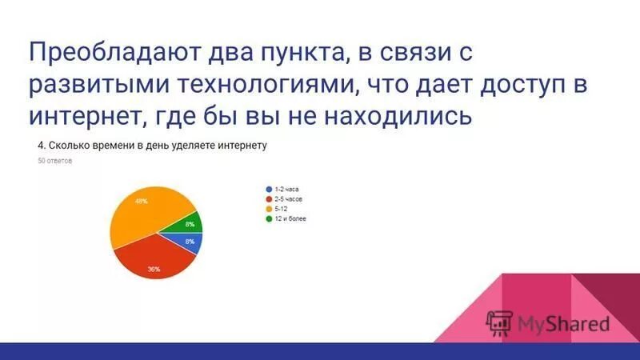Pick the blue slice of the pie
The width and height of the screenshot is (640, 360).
click(189, 242)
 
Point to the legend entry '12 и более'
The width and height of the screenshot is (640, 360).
click(291, 218)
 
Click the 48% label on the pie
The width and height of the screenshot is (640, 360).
click(141, 201)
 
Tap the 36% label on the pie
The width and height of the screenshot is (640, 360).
click(154, 269)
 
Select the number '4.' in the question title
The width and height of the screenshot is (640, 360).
click(42, 146)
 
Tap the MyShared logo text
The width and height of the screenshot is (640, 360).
click(563, 322)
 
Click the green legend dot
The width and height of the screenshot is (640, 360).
click(268, 218)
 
